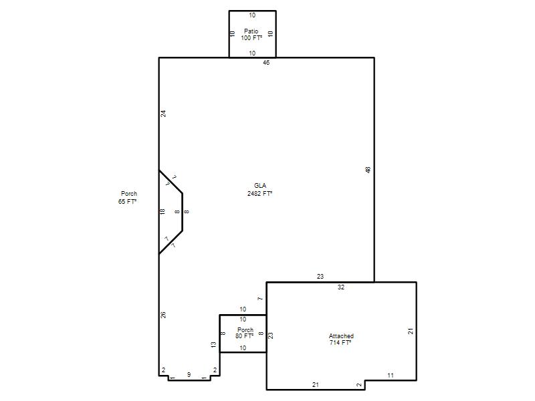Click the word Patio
(x=251, y=31)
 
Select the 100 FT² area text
(x=252, y=38)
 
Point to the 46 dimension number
(x=266, y=62)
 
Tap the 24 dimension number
(x=163, y=114)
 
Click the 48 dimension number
(x=368, y=170)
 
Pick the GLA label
(x=260, y=186)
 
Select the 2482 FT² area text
(x=259, y=193)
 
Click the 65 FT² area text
(x=127, y=202)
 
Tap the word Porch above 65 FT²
(x=129, y=193)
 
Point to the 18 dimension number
(x=163, y=211)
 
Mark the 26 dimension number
(x=163, y=315)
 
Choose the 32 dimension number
(x=341, y=287)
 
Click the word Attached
(x=341, y=336)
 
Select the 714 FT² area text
(x=340, y=343)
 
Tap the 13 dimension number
(x=213, y=345)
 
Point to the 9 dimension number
(x=189, y=374)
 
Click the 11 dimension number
(x=391, y=375)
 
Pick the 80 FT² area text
(x=244, y=336)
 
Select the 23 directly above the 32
(x=320, y=277)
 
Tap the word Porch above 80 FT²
(x=245, y=329)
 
